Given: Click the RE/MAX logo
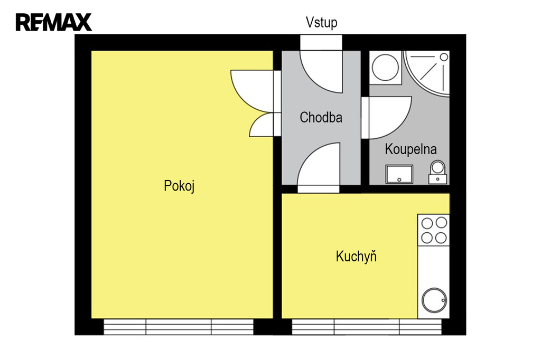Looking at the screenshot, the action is (54, 22).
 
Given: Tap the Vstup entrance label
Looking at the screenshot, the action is (321, 22).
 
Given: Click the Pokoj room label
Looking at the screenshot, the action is (179, 186).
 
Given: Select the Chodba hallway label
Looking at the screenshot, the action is (321, 118).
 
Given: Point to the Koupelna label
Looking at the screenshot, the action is (411, 149).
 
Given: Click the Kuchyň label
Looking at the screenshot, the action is (356, 256).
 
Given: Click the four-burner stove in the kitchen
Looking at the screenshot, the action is (434, 230).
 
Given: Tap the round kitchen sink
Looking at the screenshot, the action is (434, 300).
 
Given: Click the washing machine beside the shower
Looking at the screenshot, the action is (385, 68).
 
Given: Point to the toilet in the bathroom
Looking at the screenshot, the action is (438, 172).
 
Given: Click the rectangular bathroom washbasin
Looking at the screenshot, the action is (399, 175).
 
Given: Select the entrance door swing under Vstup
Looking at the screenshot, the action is (321, 72).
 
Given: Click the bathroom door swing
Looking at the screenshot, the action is (387, 118).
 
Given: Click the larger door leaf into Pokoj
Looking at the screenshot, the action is (252, 91).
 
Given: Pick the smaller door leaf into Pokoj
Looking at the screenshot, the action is (262, 125).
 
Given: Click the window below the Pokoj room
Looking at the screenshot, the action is (179, 327).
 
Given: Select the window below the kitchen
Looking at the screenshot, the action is (367, 327).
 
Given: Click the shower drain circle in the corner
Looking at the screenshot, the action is (444, 57).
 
